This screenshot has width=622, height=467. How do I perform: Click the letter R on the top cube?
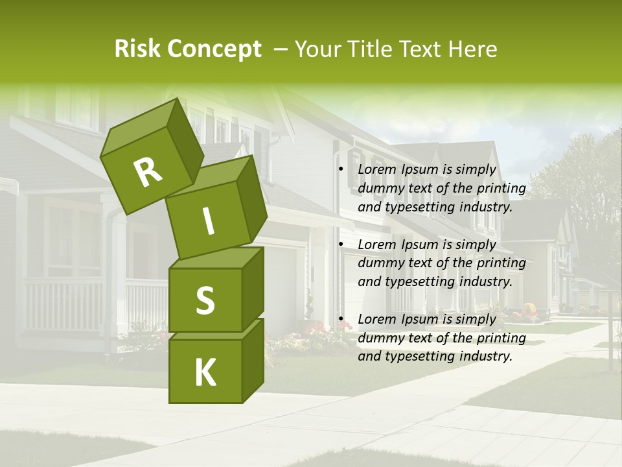point(148,173)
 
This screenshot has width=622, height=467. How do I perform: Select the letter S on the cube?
point(205,300)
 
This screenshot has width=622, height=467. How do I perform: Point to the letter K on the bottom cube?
point(205,373)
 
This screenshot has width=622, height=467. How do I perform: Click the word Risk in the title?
point(137,49)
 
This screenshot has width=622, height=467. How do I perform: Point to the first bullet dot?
point(341,170)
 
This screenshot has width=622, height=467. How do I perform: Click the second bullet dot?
point(341,245)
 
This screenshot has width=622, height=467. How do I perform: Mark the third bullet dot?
point(341,319)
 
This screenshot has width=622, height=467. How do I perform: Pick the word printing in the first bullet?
point(502,189)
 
